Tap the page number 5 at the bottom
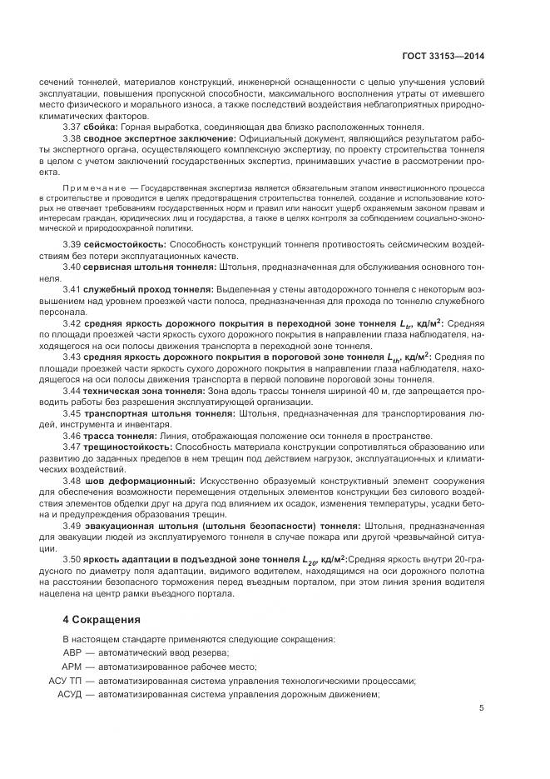(481, 709)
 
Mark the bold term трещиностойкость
(126, 447)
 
